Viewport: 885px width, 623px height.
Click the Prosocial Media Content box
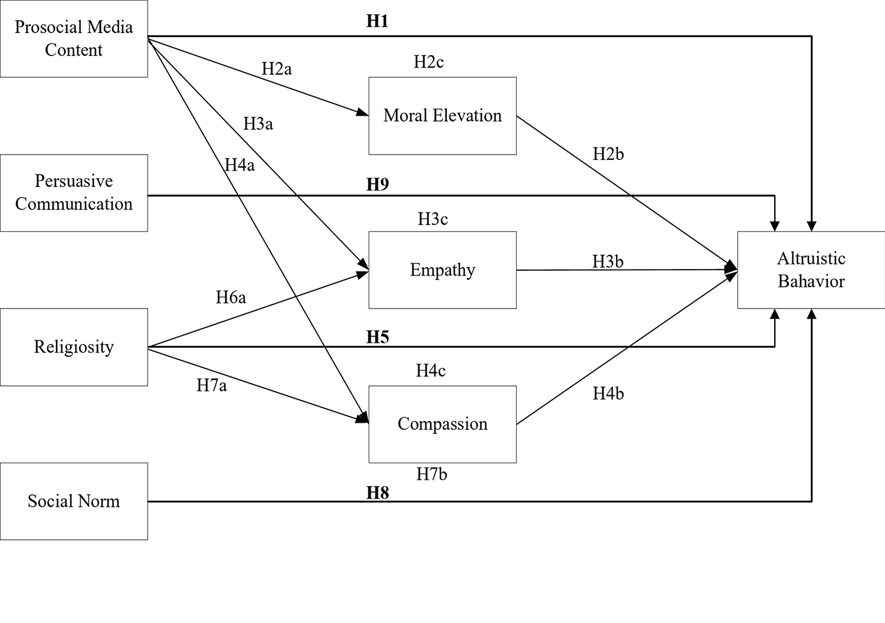(x=74, y=38)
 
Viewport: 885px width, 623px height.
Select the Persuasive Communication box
(x=74, y=193)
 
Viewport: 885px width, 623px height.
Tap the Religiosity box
(x=74, y=347)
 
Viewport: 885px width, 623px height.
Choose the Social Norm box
(x=74, y=501)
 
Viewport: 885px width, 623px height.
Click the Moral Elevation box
(x=442, y=116)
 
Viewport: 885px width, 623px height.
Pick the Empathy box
(x=442, y=270)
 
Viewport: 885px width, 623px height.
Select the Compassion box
(x=442, y=424)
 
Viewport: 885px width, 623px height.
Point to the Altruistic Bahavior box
(x=811, y=270)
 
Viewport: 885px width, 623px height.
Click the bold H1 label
(x=378, y=21)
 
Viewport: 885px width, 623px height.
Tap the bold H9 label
(x=378, y=185)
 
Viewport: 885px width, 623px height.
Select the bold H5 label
(x=378, y=337)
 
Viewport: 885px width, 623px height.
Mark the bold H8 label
(x=378, y=493)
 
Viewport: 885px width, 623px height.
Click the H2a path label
(x=277, y=69)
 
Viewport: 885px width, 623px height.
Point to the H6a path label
(x=231, y=297)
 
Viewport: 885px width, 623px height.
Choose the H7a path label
(x=212, y=386)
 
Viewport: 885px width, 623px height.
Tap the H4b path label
(x=608, y=394)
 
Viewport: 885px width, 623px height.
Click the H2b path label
(x=608, y=154)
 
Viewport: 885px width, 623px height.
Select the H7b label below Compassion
(x=432, y=474)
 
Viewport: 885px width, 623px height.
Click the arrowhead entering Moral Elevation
(x=363, y=113)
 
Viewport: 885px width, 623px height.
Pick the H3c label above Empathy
(x=433, y=219)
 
